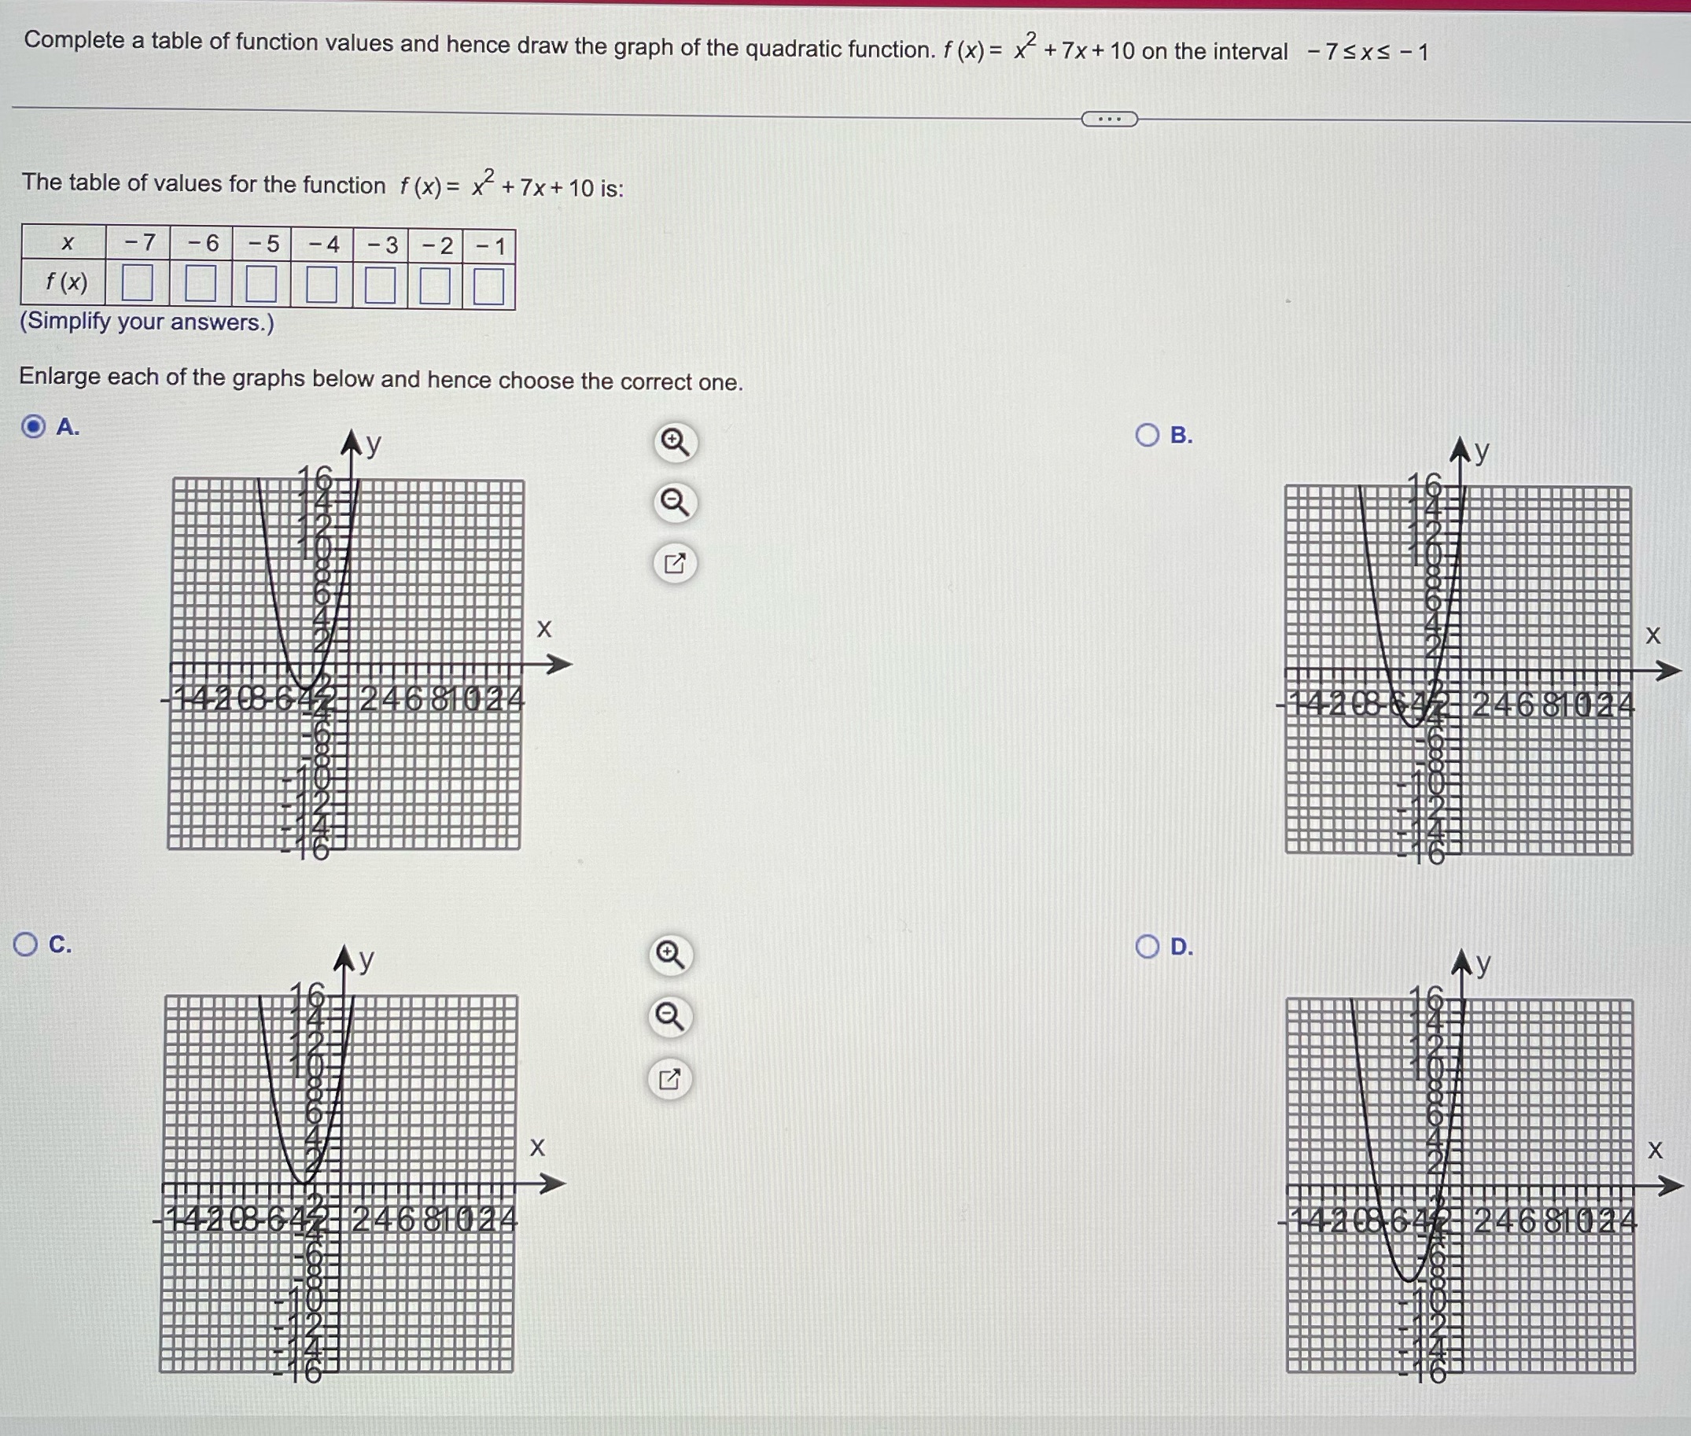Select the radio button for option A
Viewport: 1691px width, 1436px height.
[x=33, y=425]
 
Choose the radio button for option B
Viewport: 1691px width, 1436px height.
[x=1148, y=436]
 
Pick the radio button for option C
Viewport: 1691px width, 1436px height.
[x=25, y=944]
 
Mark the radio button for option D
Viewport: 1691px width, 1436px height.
[x=1148, y=947]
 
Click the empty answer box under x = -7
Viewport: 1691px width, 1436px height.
[x=137, y=283]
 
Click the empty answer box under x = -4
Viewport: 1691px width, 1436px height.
[x=322, y=285]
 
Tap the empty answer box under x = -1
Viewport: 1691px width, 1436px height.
[x=488, y=286]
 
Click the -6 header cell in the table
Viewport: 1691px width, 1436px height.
[x=202, y=242]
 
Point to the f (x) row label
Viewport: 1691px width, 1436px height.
[x=66, y=282]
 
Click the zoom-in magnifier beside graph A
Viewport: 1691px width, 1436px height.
[x=675, y=443]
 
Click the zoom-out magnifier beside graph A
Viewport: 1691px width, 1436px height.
[x=675, y=503]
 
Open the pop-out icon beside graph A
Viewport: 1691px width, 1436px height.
[x=675, y=563]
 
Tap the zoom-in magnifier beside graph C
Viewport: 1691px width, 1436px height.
[x=670, y=954]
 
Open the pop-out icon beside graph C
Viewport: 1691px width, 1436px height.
[x=669, y=1081]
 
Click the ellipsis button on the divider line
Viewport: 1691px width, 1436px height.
[x=1109, y=120]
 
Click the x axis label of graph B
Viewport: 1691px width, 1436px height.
[x=1652, y=635]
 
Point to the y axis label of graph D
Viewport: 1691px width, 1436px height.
[x=1483, y=964]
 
